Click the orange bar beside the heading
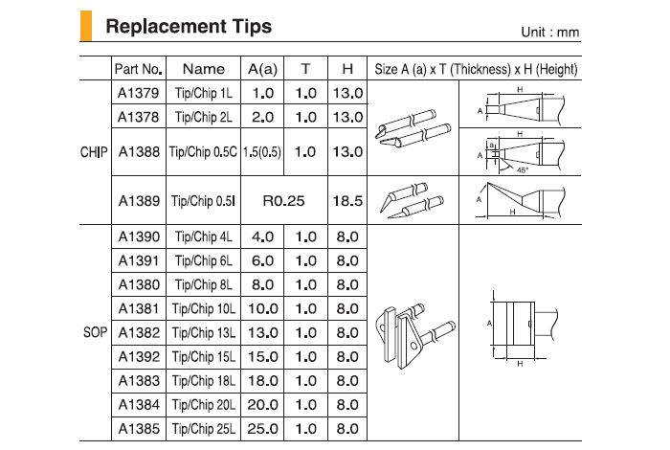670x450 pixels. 86,26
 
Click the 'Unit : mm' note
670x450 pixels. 550,32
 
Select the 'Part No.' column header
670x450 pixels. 139,69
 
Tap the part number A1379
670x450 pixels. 139,93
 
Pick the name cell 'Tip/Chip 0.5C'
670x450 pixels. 203,151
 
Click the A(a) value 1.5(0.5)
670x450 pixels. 262,151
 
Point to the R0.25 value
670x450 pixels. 283,200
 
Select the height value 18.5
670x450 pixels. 347,200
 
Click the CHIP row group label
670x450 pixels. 94,152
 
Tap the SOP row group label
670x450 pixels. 96,332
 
